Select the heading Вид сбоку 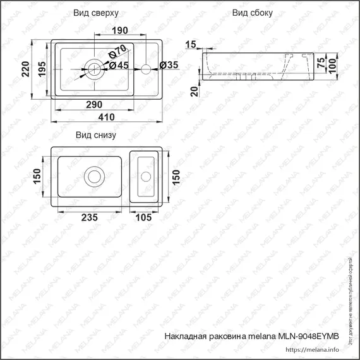coord(253,13)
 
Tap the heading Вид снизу coord(95,135)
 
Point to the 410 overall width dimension coord(106,117)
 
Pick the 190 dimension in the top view coord(120,30)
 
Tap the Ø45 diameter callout coord(119,65)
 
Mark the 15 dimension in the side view coord(191,43)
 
